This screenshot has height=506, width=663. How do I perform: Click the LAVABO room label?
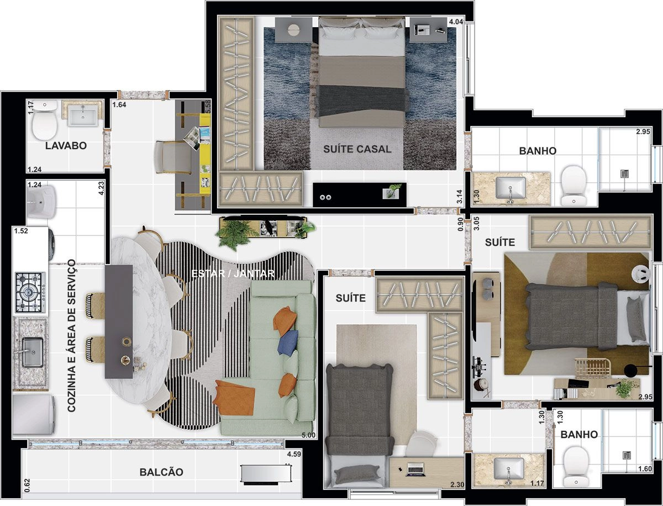[x=66, y=145]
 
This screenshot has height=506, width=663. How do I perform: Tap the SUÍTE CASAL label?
[x=357, y=149]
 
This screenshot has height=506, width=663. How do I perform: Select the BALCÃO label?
[x=161, y=472]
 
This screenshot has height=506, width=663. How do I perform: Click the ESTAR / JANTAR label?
[x=233, y=273]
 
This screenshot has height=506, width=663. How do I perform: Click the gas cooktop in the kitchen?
[x=30, y=292]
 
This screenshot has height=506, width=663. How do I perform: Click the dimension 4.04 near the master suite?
[x=456, y=22]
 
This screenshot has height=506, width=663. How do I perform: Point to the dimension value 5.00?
[x=308, y=435]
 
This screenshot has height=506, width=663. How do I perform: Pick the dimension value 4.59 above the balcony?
[x=294, y=454]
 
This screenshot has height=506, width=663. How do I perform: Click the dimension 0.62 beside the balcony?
[x=27, y=486]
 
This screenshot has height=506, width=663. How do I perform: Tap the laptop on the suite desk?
[x=416, y=470]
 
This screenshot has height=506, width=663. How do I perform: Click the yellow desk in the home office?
[x=205, y=154]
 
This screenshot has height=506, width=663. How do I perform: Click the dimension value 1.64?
[x=119, y=105]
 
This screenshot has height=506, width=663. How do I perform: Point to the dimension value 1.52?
[x=21, y=231]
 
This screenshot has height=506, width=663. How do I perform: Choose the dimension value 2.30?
[x=457, y=485]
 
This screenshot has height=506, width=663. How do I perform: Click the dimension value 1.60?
[x=645, y=469]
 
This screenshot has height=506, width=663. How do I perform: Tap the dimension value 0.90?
[x=460, y=224]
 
